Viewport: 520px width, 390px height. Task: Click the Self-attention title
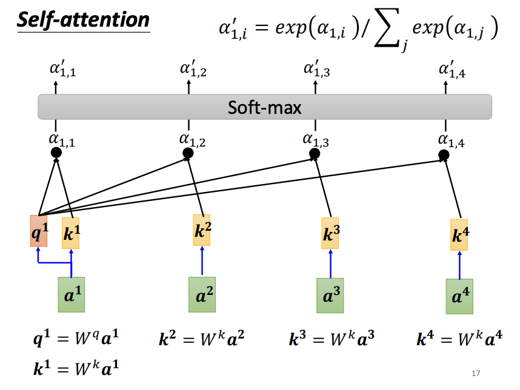tap(83, 20)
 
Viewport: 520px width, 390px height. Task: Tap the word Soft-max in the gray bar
tap(265, 107)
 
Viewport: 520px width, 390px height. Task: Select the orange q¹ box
tap(38, 231)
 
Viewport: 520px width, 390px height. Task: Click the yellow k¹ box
tap(70, 233)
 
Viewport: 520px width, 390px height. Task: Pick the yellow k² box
tap(202, 230)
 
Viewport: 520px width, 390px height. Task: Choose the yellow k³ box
tap(330, 233)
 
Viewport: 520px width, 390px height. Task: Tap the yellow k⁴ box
tap(460, 235)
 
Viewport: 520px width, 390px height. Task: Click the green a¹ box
tap(71, 295)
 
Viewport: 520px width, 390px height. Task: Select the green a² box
tap(202, 295)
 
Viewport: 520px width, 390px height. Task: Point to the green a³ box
tap(330, 296)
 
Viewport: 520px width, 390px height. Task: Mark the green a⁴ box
tap(459, 297)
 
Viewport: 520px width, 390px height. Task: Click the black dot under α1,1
tap(56, 153)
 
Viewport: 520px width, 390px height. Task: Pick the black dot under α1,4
tap(444, 156)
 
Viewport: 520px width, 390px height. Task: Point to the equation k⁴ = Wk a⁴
tap(459, 338)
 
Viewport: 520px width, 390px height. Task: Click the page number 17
tap(475, 373)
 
